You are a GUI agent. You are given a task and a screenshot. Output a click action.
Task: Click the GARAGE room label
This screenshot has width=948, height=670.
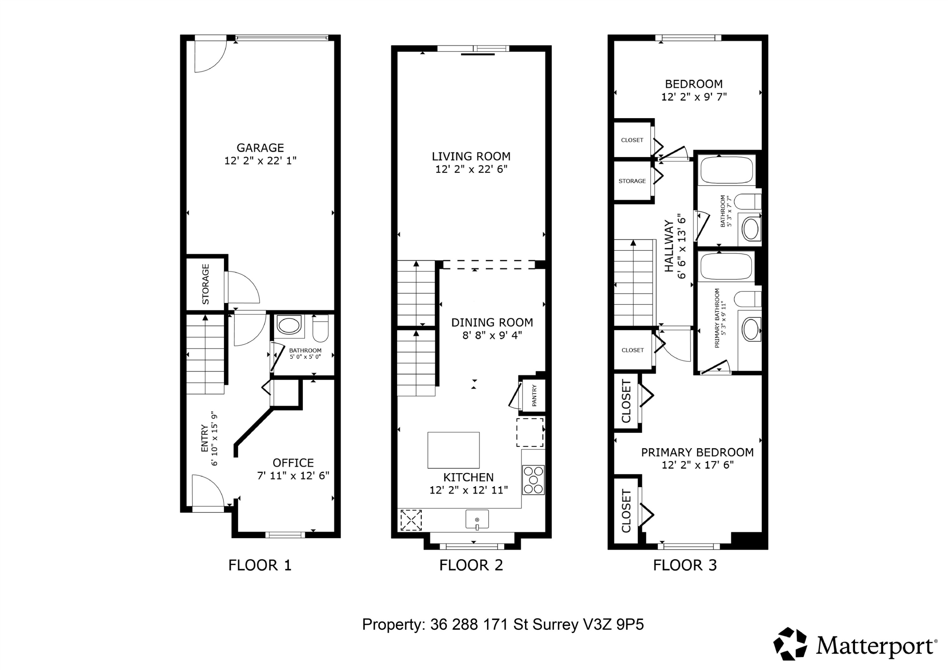tap(260, 148)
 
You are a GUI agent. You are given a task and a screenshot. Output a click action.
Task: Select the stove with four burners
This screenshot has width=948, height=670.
tap(533, 480)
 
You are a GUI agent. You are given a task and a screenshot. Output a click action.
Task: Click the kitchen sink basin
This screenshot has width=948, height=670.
tap(477, 519)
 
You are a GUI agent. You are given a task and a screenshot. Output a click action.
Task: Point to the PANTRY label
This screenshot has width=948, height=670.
tap(534, 395)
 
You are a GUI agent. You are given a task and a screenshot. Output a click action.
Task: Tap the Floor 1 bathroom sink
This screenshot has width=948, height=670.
tap(289, 325)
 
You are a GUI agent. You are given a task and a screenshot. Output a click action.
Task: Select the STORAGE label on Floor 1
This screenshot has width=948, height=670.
tap(206, 284)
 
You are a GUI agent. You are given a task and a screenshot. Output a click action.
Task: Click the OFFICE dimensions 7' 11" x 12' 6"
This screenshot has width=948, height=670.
tap(293, 475)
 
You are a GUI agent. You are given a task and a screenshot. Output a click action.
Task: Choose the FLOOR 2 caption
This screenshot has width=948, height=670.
tap(471, 565)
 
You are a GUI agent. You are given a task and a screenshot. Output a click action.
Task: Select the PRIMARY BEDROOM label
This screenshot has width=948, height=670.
tap(697, 452)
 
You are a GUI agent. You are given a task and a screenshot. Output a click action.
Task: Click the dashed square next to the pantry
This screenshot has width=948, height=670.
tap(530, 432)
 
